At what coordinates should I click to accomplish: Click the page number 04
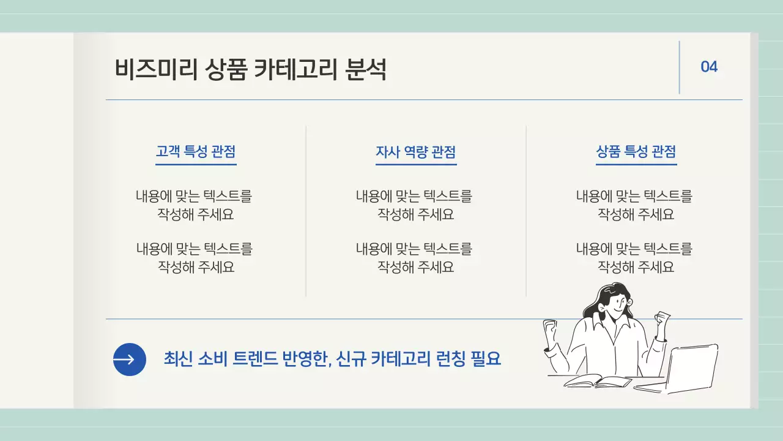(x=709, y=67)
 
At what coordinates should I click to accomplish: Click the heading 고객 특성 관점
(x=196, y=152)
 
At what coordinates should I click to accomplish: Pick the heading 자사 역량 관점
(x=416, y=152)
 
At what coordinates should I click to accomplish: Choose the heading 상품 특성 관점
(x=636, y=152)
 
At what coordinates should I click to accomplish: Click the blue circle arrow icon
(x=130, y=360)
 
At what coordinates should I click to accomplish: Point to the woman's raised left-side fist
(x=550, y=331)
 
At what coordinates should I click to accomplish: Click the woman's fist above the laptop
(x=662, y=320)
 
